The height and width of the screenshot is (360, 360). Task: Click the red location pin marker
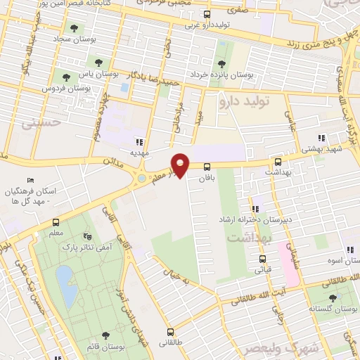click(181, 164)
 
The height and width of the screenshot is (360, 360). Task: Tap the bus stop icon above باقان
click(207, 167)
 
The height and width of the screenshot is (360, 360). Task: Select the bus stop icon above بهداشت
click(278, 162)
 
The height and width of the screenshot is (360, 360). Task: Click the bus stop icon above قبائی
click(262, 258)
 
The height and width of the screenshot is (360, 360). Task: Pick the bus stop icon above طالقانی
click(170, 333)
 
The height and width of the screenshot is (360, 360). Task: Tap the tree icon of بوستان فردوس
click(66, 77)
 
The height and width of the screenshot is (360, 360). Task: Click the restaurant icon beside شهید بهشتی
click(321, 138)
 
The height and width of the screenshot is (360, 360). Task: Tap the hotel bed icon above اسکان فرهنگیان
click(29, 180)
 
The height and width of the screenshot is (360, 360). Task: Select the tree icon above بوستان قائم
click(105, 335)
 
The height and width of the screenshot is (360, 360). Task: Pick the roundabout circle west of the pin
click(143, 179)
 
